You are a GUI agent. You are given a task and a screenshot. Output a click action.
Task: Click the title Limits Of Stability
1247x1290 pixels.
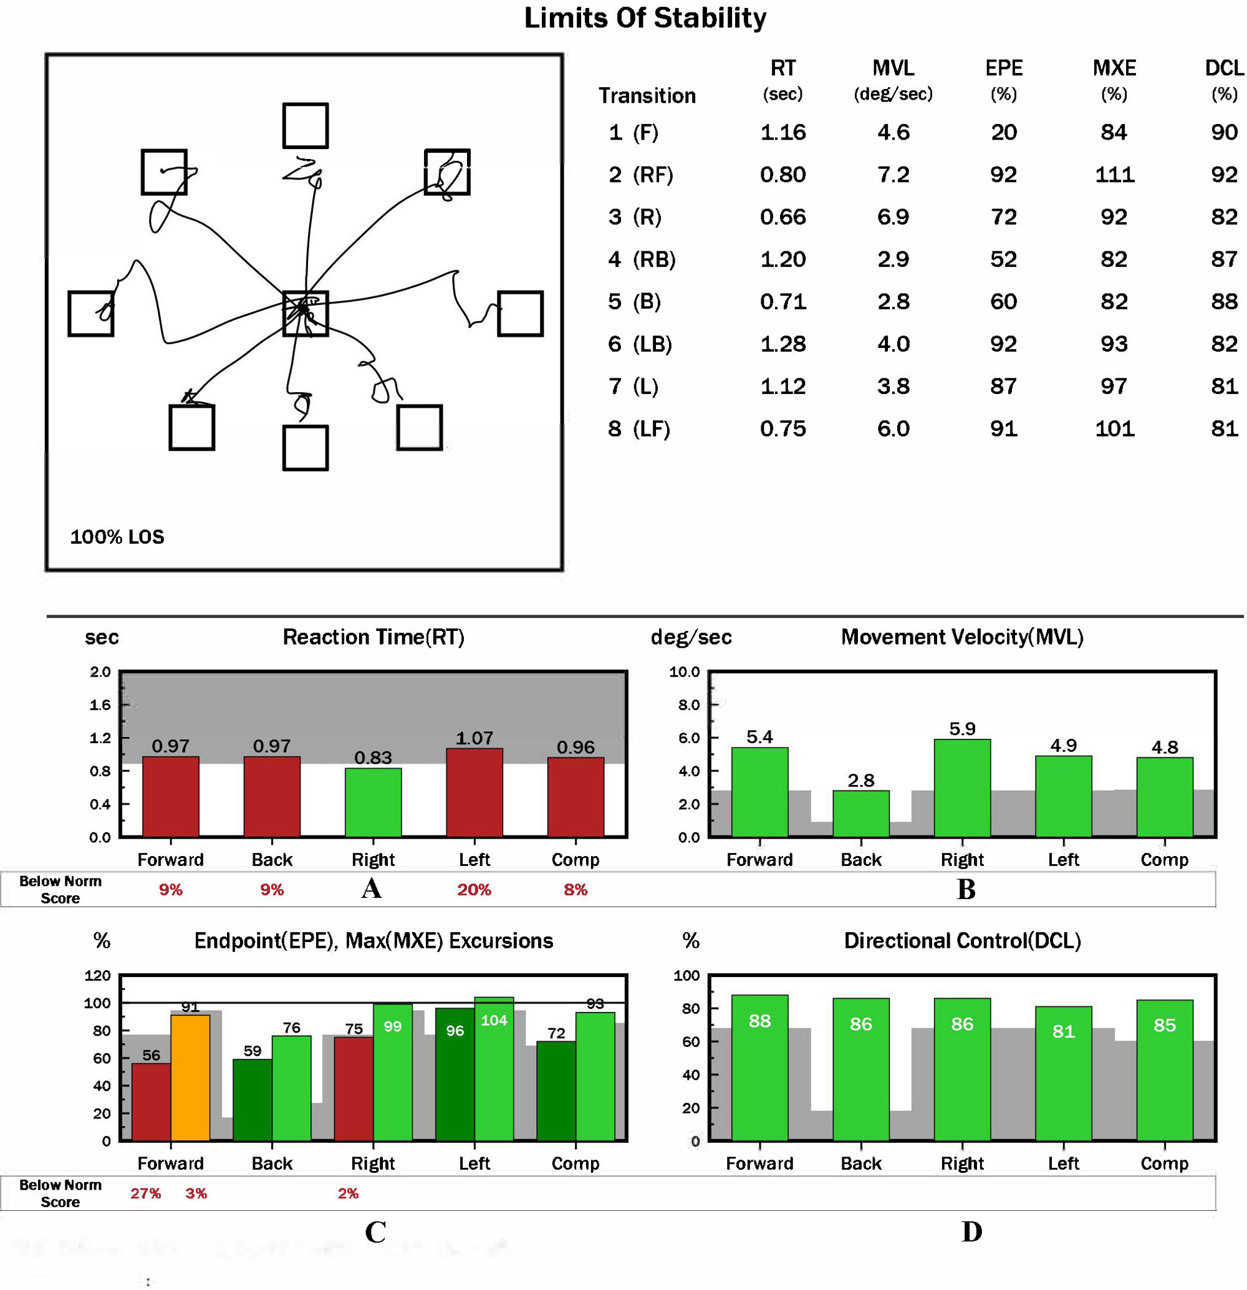tap(644, 19)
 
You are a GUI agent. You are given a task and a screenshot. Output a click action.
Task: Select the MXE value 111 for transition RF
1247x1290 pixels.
tap(1114, 175)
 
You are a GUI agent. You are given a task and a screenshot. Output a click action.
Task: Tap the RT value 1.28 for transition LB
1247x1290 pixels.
tap(782, 344)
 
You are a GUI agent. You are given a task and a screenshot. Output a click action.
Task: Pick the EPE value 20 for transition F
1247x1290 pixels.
tap(1003, 132)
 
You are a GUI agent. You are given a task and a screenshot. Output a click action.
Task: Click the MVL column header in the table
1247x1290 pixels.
tap(893, 69)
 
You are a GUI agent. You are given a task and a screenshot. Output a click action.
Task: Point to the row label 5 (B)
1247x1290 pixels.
tap(633, 301)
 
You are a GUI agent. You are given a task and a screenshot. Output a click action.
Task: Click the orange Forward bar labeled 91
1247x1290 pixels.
tap(190, 1077)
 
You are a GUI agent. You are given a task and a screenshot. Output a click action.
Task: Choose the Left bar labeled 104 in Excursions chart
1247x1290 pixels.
tap(494, 1069)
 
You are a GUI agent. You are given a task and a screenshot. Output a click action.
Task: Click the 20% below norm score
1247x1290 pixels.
tap(474, 890)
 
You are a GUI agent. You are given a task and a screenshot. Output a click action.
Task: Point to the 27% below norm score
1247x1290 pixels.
tap(145, 1193)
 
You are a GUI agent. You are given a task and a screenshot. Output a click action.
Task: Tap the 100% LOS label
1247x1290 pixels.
tap(117, 537)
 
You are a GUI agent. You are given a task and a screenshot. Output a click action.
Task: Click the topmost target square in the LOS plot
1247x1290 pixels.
tap(306, 125)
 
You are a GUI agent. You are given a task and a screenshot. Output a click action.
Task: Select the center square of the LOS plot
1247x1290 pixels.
tap(306, 313)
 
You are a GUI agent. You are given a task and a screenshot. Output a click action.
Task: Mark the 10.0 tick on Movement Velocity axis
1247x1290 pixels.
tap(685, 672)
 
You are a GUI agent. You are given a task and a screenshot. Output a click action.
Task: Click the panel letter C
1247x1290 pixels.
tap(375, 1232)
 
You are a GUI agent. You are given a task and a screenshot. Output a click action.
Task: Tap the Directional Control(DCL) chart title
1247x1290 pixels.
tap(962, 940)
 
